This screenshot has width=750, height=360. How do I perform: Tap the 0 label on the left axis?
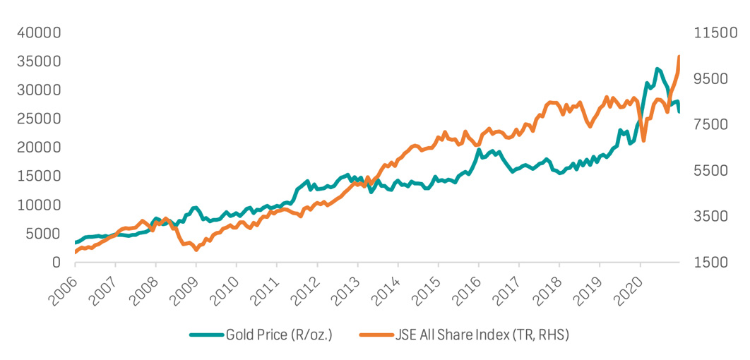pyautogui.click(x=56, y=263)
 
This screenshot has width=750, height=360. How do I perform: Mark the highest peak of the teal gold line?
pyautogui.click(x=657, y=68)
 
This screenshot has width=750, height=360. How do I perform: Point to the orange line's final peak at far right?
pyautogui.click(x=679, y=56)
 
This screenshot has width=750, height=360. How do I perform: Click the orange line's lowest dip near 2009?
pyautogui.click(x=196, y=249)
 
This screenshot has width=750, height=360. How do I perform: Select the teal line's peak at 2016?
pyautogui.click(x=479, y=150)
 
